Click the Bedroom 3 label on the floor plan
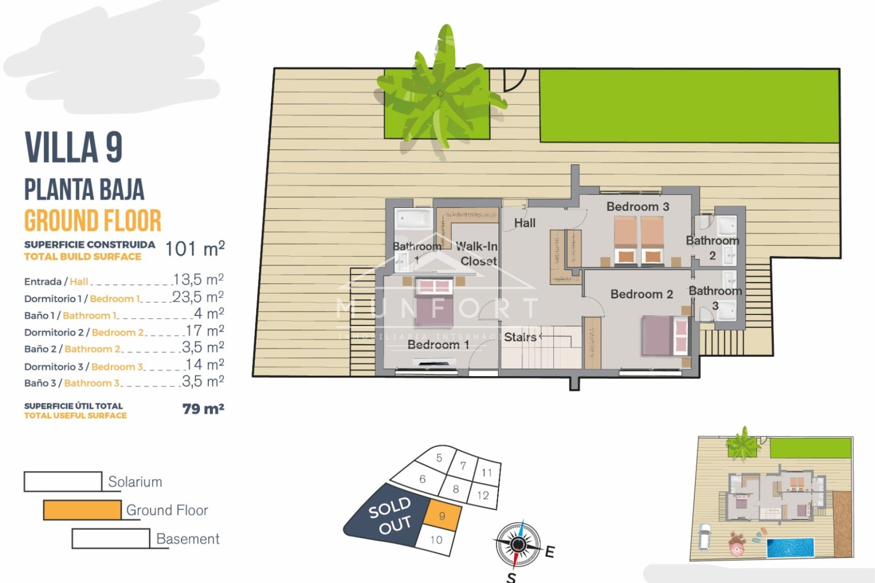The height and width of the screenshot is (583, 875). (638, 206)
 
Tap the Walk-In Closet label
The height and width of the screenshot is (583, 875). (477, 254)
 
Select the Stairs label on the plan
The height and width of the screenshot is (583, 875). (520, 337)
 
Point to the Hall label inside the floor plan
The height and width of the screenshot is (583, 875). (525, 223)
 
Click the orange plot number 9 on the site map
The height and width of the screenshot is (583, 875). (442, 516)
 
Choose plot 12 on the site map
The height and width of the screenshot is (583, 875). (483, 495)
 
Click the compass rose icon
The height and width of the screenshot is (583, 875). (518, 544)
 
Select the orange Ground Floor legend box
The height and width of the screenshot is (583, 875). (82, 510)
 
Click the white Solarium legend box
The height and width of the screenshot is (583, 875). (63, 481)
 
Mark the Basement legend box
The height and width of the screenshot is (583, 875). (111, 538)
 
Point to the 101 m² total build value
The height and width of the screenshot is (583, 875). (195, 249)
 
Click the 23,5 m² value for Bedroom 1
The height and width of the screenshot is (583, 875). (198, 297)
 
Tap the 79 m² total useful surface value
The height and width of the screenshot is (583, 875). (203, 409)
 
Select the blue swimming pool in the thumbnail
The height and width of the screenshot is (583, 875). (790, 548)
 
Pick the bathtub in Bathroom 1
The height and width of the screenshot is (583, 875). (413, 220)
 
